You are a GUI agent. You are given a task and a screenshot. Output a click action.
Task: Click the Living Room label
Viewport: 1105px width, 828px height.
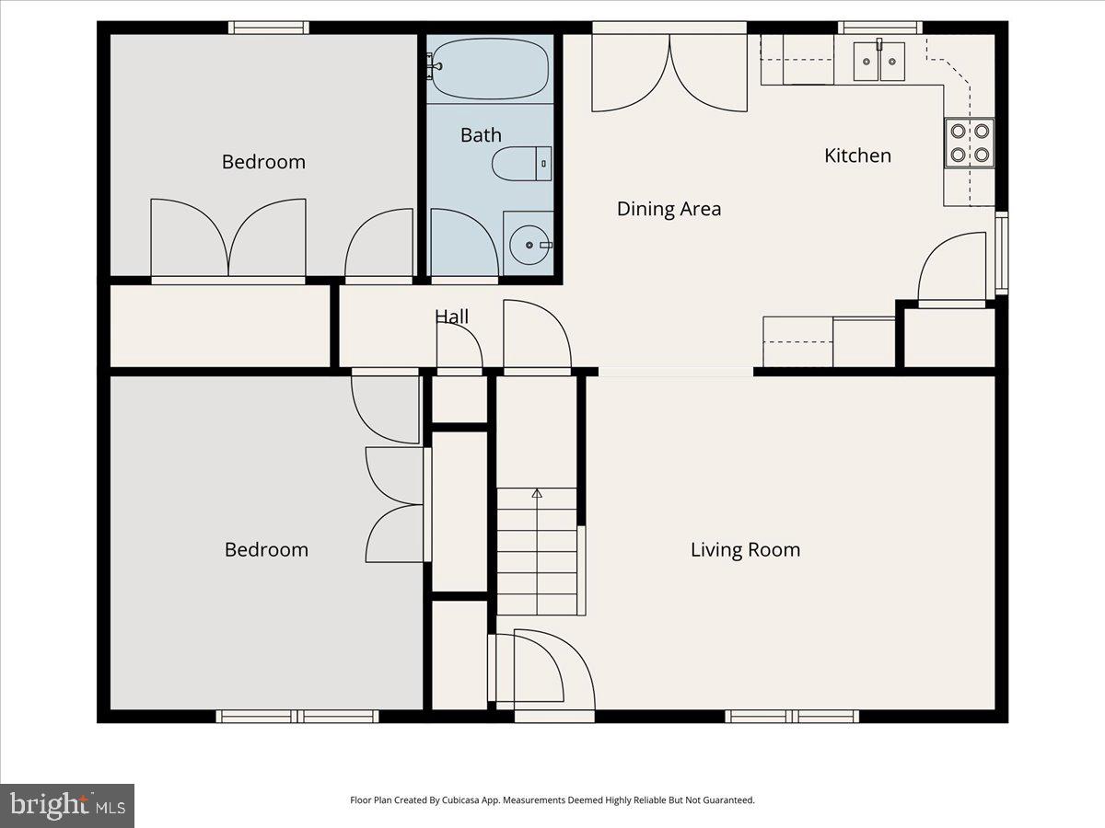(745, 549)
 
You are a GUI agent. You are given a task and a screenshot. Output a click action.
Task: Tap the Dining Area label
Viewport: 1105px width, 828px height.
(669, 209)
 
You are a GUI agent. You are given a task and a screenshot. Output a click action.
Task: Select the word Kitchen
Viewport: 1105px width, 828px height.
(857, 155)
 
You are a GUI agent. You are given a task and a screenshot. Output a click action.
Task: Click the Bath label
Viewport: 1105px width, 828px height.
(481, 135)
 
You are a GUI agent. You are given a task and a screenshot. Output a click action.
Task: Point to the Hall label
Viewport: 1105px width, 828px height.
(451, 316)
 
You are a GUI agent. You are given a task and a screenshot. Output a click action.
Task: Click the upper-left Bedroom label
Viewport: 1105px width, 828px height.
(263, 162)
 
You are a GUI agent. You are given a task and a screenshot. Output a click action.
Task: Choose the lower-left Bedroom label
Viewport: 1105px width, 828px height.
(266, 549)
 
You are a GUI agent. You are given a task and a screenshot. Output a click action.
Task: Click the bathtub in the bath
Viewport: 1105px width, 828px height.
(490, 69)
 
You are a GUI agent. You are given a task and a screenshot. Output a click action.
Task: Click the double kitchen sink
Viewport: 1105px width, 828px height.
(878, 62)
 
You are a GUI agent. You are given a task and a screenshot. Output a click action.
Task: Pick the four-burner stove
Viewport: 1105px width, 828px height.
(970, 144)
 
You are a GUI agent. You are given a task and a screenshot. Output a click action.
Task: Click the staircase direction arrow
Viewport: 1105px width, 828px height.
(537, 494)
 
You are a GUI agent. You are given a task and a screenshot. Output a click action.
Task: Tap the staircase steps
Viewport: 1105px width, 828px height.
(537, 552)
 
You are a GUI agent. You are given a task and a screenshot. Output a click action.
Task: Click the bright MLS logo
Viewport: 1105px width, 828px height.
(67, 805)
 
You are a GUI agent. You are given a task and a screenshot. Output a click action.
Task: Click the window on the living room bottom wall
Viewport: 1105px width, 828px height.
(792, 716)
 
